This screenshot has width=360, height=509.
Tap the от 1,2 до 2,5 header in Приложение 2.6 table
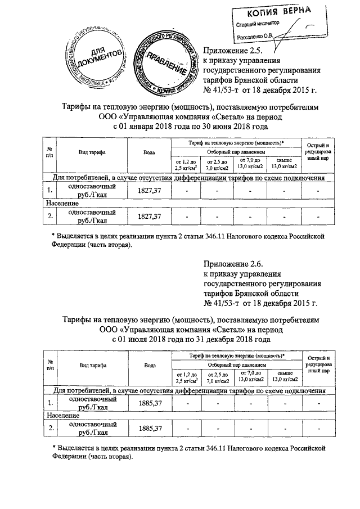pos(186,377)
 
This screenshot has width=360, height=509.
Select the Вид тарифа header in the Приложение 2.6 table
pos(93,365)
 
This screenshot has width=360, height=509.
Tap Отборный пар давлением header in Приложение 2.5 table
pos(235,153)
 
